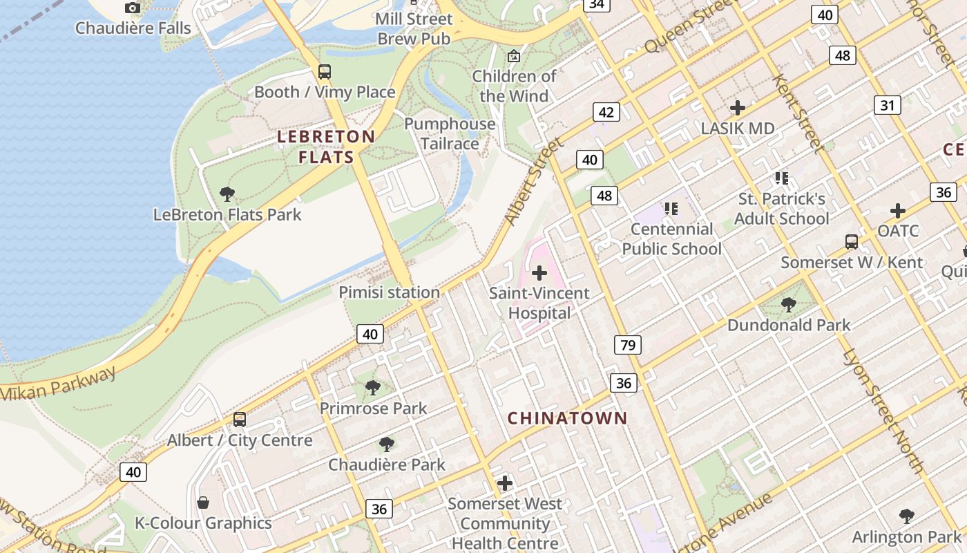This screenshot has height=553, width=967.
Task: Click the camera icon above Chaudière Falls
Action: coord(133,8)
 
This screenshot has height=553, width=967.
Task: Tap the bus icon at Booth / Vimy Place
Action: coord(324,72)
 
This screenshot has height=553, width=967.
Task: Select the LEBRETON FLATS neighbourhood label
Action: coord(326,147)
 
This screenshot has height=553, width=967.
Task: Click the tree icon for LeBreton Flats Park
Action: coord(227,194)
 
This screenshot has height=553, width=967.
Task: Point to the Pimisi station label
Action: coord(389,292)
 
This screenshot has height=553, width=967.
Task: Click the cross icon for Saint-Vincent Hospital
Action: coord(539,273)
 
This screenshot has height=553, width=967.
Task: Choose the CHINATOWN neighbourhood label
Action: coord(567,418)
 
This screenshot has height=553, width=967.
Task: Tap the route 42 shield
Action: coord(606,113)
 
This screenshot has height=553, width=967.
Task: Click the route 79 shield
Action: coord(627,344)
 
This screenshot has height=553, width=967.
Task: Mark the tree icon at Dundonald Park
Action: coord(788,304)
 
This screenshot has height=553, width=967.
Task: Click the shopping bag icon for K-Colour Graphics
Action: coord(203,502)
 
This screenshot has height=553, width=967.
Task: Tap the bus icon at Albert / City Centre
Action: coord(240,420)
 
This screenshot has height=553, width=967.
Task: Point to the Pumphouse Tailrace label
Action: coord(450,133)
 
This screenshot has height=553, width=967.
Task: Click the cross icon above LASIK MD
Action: coord(738,108)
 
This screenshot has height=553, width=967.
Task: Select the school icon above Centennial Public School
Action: coord(671,208)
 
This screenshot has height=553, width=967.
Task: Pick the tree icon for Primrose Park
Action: coord(373,388)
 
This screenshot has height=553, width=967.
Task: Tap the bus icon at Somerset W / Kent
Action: coord(852,242)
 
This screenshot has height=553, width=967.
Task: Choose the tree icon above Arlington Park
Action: coord(907,516)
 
